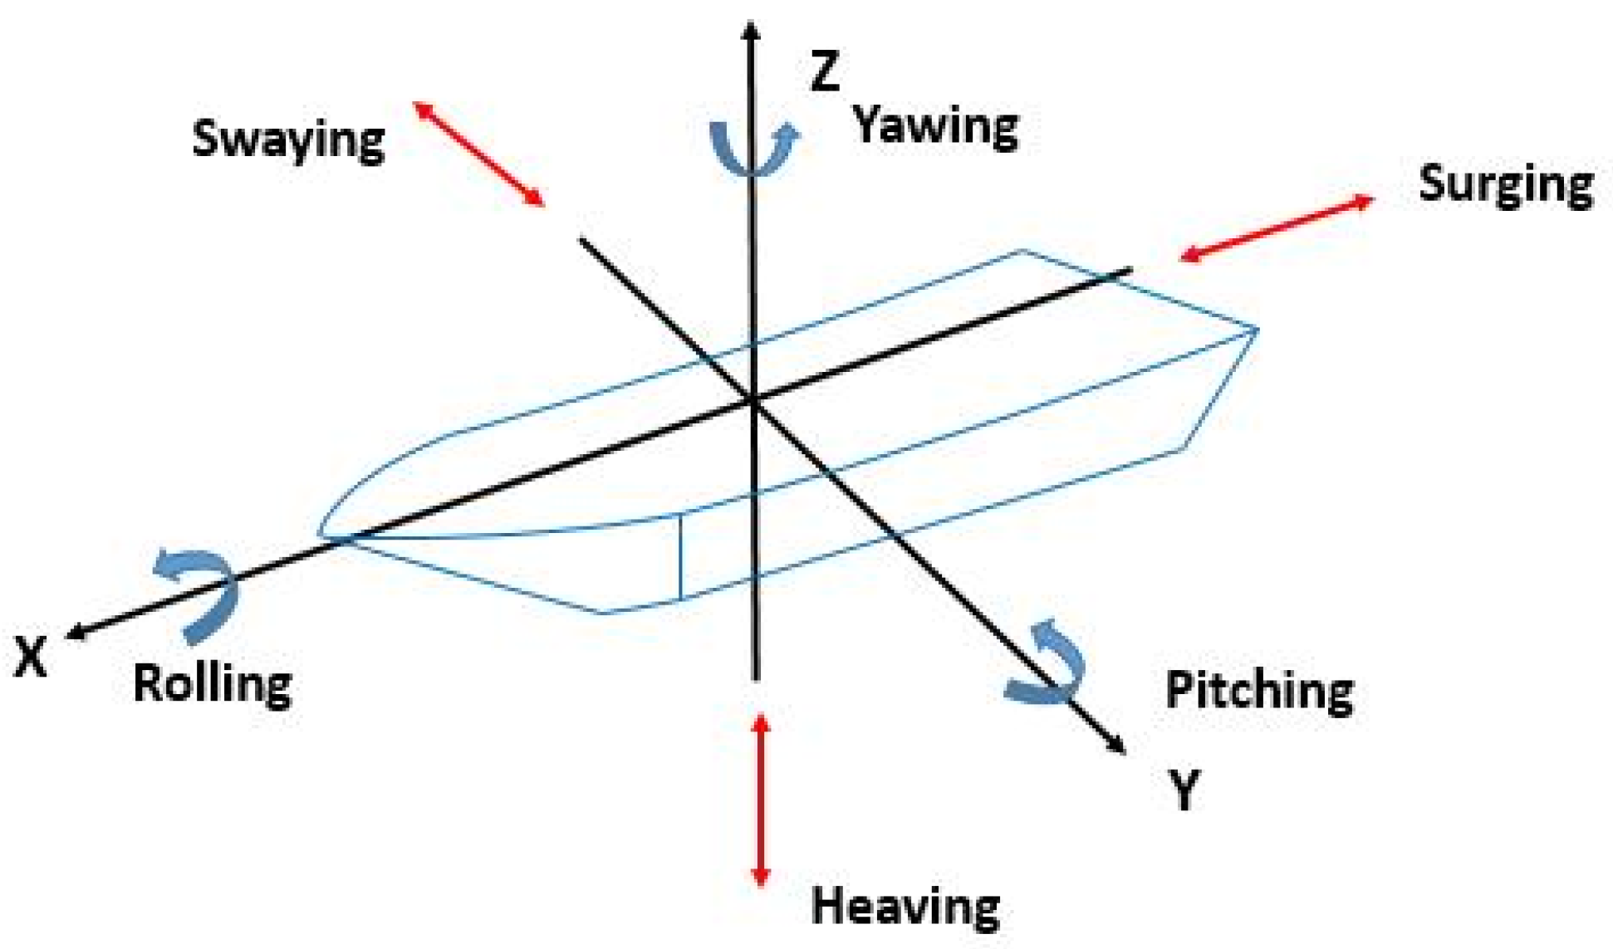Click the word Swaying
(x=288, y=139)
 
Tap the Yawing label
(x=936, y=126)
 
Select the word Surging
(x=1505, y=184)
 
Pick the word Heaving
(x=905, y=906)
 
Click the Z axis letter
(x=825, y=71)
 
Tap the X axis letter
(x=31, y=658)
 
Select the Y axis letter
(x=1184, y=790)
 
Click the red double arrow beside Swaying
(x=479, y=154)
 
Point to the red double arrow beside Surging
(x=1276, y=228)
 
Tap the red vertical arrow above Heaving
(x=760, y=800)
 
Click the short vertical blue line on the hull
(x=680, y=556)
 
